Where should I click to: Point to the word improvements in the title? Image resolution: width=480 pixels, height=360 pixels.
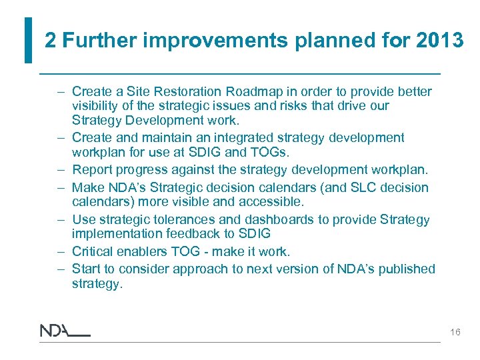point(215,41)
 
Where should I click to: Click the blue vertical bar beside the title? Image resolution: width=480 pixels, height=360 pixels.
point(27,40)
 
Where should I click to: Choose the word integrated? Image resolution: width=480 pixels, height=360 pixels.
point(233,138)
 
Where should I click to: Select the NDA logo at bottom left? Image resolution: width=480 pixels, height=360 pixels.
point(64,331)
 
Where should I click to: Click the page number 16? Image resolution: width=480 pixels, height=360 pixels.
point(455,331)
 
